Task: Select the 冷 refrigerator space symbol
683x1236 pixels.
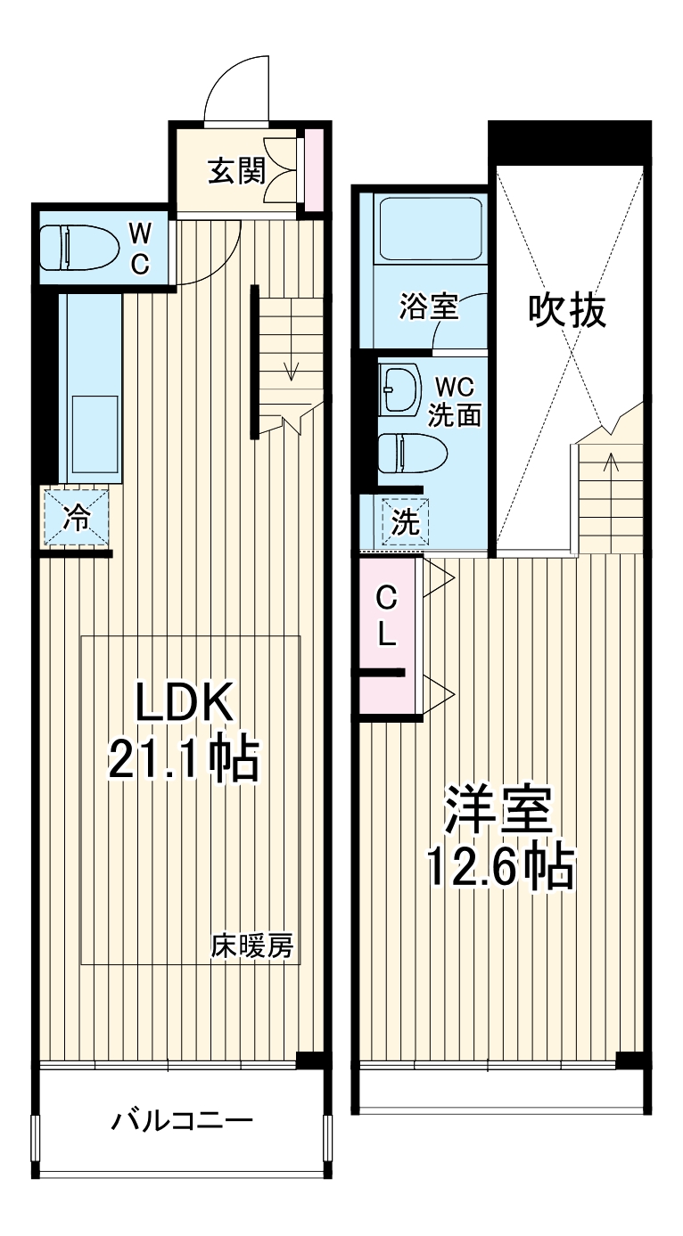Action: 78,517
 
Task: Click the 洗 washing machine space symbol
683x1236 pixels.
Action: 406,521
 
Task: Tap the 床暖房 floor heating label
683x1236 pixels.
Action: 251,945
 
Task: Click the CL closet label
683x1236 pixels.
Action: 386,614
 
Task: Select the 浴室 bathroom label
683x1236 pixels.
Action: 428,307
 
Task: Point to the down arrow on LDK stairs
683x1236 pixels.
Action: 291,367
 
